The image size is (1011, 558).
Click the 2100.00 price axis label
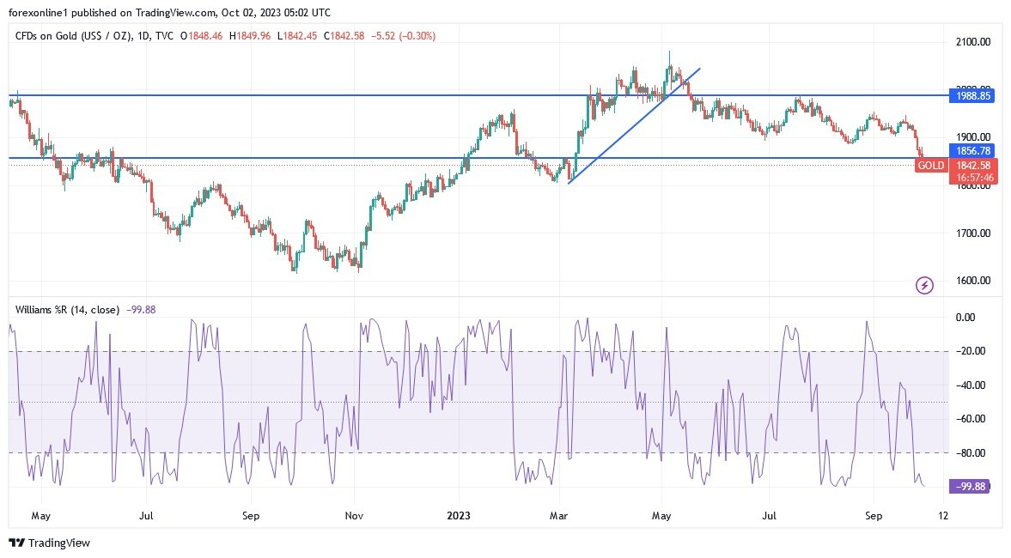974,41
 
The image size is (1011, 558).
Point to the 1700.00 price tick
974,233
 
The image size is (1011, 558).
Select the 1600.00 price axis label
974,281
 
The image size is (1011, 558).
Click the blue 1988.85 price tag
974,96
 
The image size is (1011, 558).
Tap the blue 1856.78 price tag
974,150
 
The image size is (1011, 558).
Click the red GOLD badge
931,165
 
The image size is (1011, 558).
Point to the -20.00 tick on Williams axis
971,351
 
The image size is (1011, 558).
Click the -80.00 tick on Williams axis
971,452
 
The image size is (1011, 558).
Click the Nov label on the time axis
355,517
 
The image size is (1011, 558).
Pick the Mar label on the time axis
560,517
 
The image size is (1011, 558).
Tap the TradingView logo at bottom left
49,543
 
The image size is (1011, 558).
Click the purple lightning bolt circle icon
924,285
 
